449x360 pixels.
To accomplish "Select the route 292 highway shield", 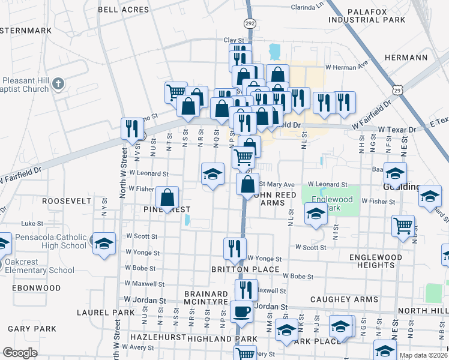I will tap(249, 23).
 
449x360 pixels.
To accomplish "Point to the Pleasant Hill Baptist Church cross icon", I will tap(58, 82).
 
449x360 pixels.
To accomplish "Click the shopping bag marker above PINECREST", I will tap(167, 197).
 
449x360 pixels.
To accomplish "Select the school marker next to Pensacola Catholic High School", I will tap(104, 242).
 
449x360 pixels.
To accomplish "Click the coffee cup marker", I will tap(242, 312).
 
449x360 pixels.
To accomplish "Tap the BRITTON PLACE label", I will tap(245, 269).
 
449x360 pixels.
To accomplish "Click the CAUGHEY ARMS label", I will tap(344, 299).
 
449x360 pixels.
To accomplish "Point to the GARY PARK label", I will tap(32, 329).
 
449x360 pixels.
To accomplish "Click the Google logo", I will tap(20, 352).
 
